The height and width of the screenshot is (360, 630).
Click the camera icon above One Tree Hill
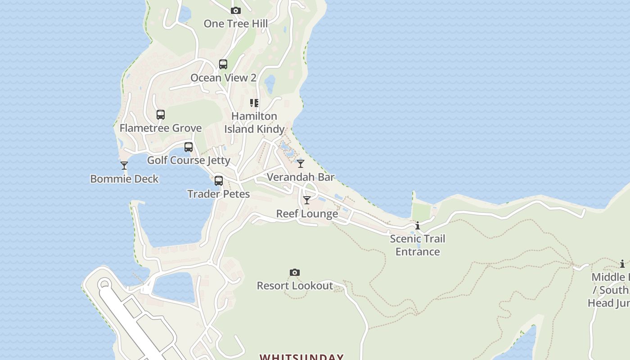tap(235, 10)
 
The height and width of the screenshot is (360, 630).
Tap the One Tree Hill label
tap(235, 24)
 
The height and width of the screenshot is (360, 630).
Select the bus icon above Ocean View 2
tap(223, 64)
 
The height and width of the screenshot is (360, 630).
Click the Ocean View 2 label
tap(223, 78)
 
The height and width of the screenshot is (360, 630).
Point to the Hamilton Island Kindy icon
tap(254, 103)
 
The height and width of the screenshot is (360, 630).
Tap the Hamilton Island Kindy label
tap(254, 123)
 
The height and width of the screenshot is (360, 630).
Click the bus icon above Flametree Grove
tap(161, 115)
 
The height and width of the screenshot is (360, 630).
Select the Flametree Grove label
tap(161, 128)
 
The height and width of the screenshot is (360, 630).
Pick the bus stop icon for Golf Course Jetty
tap(189, 147)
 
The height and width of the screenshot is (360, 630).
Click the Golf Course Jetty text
tap(189, 161)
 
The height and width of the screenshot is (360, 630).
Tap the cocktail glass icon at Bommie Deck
tap(124, 166)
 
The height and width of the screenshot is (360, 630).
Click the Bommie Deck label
tap(124, 179)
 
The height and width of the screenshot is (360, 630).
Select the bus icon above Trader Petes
tap(219, 181)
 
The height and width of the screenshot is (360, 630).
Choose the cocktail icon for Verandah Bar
tap(301, 164)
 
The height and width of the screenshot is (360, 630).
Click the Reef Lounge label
tap(307, 214)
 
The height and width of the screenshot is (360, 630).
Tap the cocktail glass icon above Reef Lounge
tap(307, 200)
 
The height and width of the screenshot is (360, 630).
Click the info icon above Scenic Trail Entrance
tap(418, 225)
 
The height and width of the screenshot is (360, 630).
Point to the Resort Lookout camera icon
tap(295, 272)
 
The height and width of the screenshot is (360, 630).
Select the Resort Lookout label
tap(295, 286)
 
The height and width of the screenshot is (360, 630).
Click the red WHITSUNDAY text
tap(301, 357)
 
